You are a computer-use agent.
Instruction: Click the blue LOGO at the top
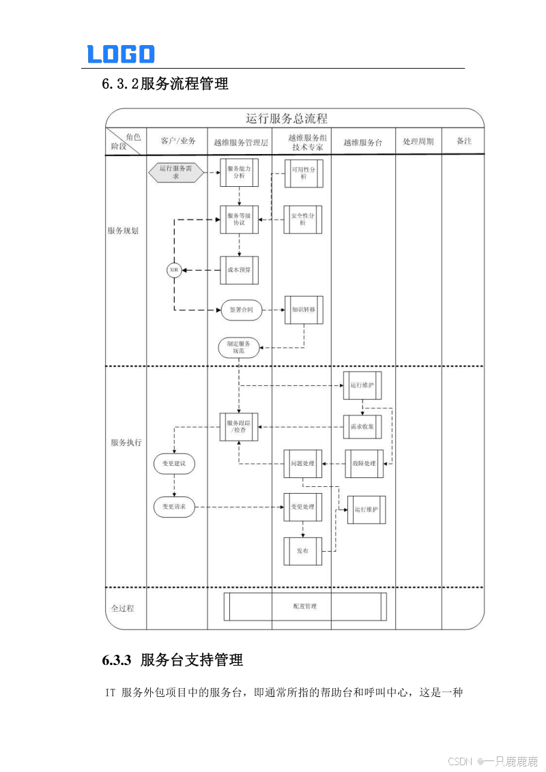[121, 54]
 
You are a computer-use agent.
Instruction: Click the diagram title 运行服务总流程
[287, 119]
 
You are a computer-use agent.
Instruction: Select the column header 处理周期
[418, 142]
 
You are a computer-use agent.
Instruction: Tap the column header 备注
[463, 141]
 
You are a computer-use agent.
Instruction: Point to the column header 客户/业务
[177, 141]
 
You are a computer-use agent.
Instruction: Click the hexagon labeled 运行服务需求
[176, 173]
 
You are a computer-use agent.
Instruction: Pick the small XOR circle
[173, 270]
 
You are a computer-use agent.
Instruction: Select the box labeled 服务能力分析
[239, 172]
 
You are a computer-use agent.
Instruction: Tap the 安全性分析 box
[303, 219]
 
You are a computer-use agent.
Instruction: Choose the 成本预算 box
[239, 270]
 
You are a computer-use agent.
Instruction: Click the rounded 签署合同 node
[242, 310]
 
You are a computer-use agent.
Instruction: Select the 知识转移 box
[304, 310]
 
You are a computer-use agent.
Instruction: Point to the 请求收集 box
[362, 426]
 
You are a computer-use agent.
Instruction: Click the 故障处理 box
[364, 464]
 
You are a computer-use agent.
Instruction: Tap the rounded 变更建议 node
[174, 464]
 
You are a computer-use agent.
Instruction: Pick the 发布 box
[303, 551]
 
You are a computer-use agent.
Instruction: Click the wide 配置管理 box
[305, 606]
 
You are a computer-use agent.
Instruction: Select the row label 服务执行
[126, 443]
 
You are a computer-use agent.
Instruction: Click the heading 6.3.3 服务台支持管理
[173, 660]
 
